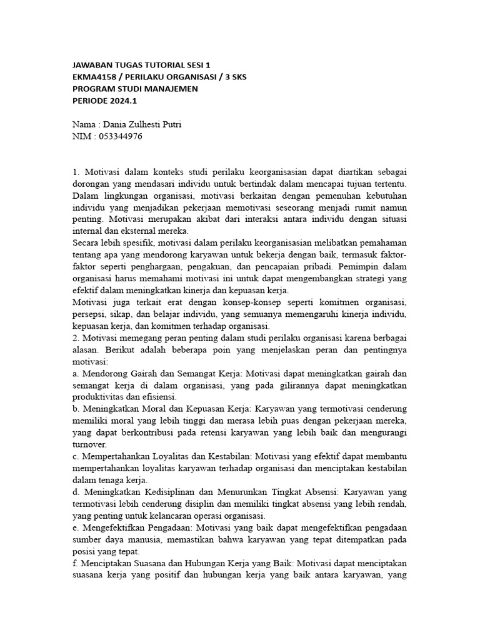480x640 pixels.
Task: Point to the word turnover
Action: (90, 444)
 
